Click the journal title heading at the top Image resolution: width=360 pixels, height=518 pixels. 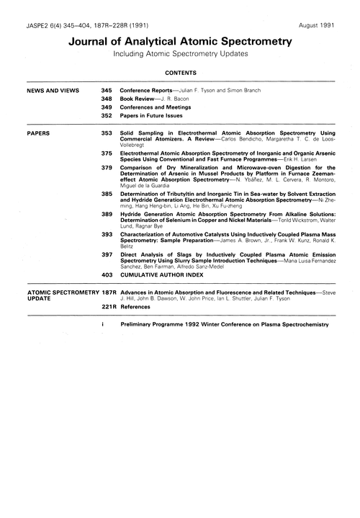(179, 42)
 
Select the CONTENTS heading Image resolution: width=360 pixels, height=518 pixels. (179, 73)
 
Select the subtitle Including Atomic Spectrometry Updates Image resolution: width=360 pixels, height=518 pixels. (179, 55)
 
